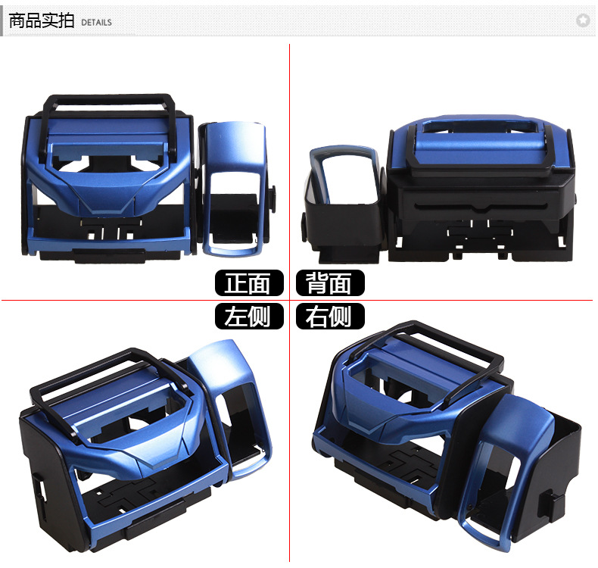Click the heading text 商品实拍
pyautogui.click(x=41, y=20)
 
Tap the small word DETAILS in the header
pyautogui.click(x=96, y=23)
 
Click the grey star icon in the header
pyautogui.click(x=582, y=20)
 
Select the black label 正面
pyautogui.click(x=248, y=283)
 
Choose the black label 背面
pyautogui.click(x=329, y=283)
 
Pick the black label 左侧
pyautogui.click(x=248, y=316)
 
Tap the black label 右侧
pyautogui.click(x=329, y=316)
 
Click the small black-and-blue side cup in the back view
pyautogui.click(x=343, y=197)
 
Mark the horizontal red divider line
pyautogui.click(x=151, y=300)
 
